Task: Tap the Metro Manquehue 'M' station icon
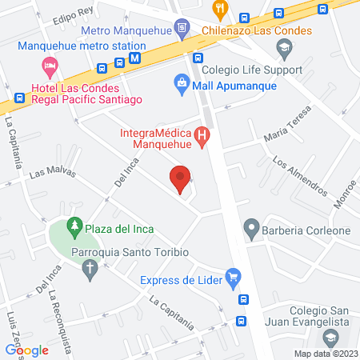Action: point(135,58)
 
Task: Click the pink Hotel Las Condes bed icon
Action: point(50,64)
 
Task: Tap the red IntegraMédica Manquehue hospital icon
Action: point(203,138)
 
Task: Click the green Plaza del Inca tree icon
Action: point(74,227)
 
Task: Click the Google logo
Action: point(26,350)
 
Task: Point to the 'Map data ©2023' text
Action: point(324,354)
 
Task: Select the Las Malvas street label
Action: point(47,173)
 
